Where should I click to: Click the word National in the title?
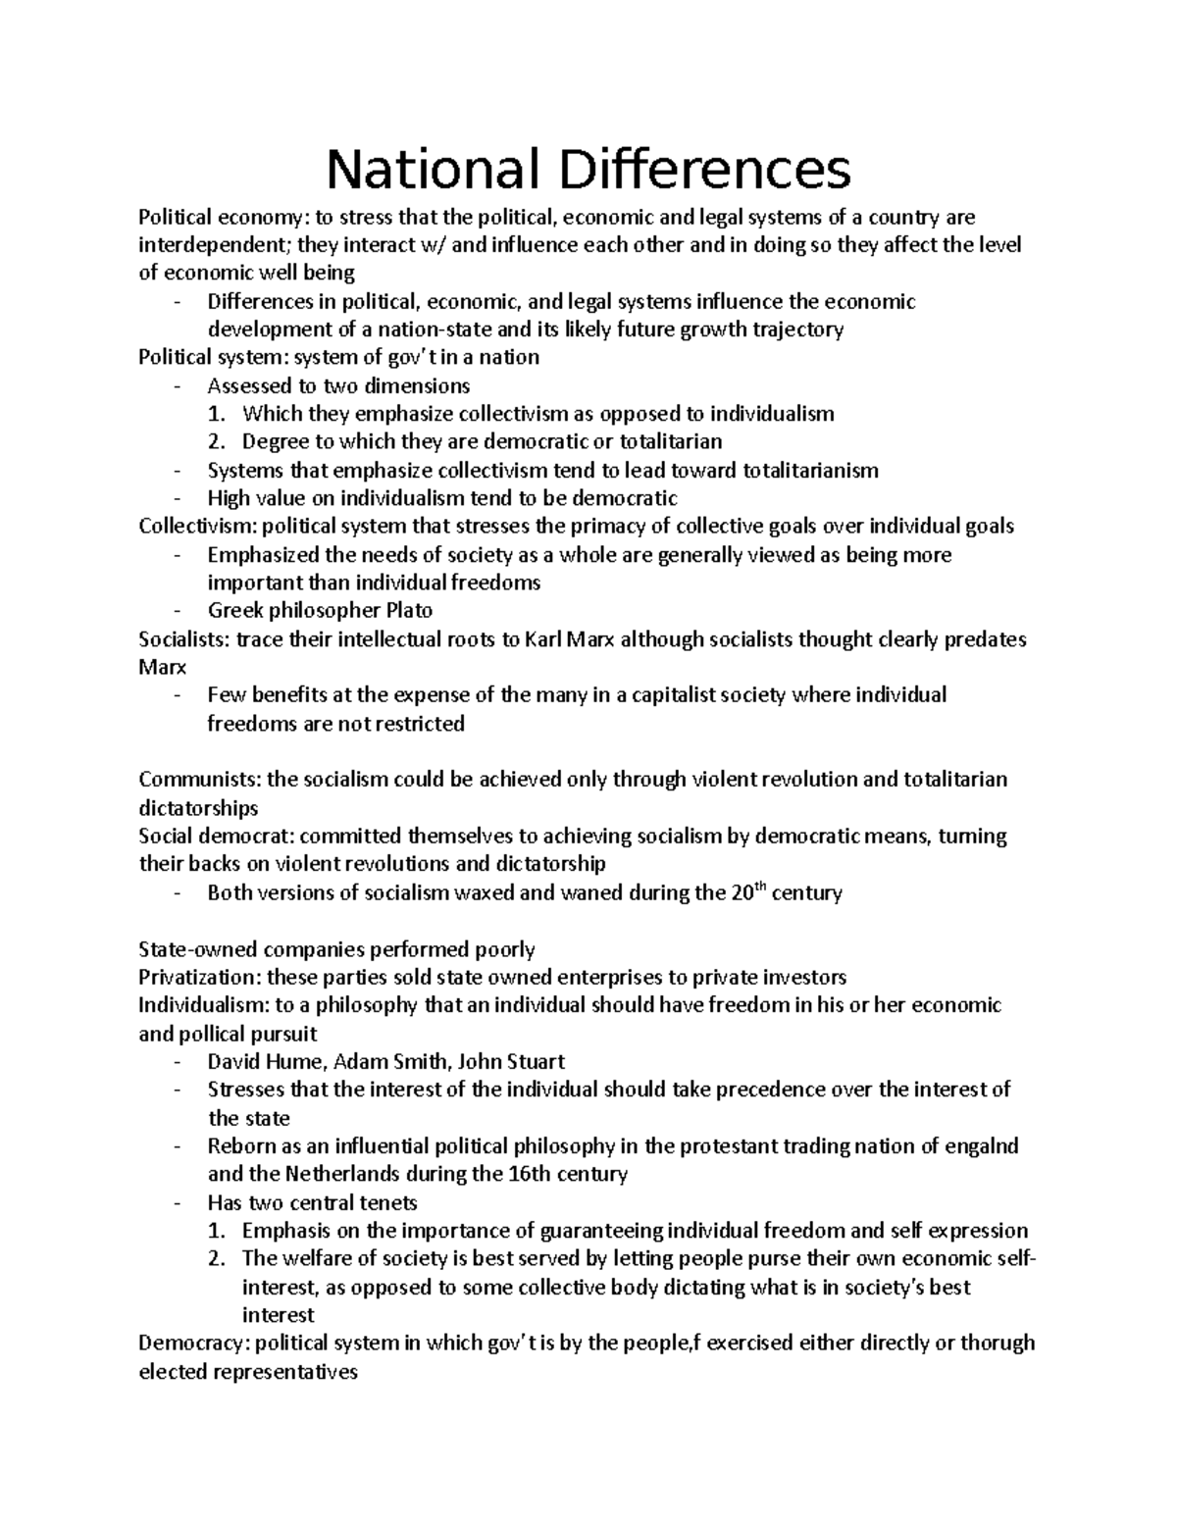pos(434,169)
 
